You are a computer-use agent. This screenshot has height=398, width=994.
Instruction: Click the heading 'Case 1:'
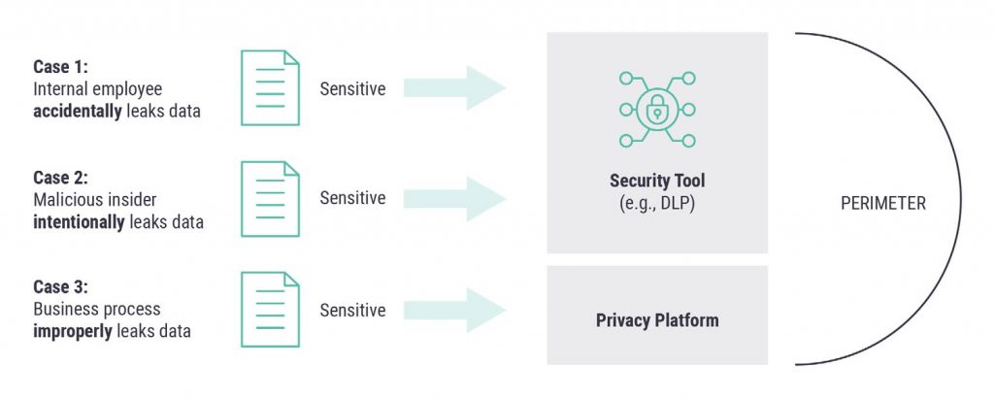(x=61, y=68)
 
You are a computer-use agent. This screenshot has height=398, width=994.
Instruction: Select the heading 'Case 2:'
(x=61, y=178)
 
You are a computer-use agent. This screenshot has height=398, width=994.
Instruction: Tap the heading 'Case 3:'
(x=61, y=288)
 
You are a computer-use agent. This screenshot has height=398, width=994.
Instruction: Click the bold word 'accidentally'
(x=78, y=111)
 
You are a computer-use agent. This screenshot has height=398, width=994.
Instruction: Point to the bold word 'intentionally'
(x=80, y=220)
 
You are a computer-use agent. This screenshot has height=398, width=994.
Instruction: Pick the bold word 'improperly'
(x=74, y=331)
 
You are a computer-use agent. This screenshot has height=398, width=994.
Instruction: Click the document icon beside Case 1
(x=270, y=88)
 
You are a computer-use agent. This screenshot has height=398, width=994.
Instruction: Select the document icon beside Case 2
(x=270, y=198)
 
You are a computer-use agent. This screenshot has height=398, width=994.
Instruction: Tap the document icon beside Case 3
(x=270, y=310)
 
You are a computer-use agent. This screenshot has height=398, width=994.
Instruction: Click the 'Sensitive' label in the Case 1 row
(x=352, y=89)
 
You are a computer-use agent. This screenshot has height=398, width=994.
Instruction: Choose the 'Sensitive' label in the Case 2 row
(x=352, y=198)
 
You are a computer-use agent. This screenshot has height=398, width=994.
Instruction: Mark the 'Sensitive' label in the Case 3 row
(x=352, y=311)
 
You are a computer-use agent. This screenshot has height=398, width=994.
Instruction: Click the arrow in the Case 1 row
(x=454, y=88)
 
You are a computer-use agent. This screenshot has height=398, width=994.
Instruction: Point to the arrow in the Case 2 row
(x=454, y=198)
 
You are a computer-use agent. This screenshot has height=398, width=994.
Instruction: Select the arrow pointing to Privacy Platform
(x=454, y=311)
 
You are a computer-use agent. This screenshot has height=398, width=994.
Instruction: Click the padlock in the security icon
(x=657, y=108)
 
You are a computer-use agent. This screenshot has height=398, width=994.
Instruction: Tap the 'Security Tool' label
(x=657, y=181)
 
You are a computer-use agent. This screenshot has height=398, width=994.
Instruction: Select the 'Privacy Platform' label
(x=657, y=319)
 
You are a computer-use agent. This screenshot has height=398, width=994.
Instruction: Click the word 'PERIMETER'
(x=883, y=204)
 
